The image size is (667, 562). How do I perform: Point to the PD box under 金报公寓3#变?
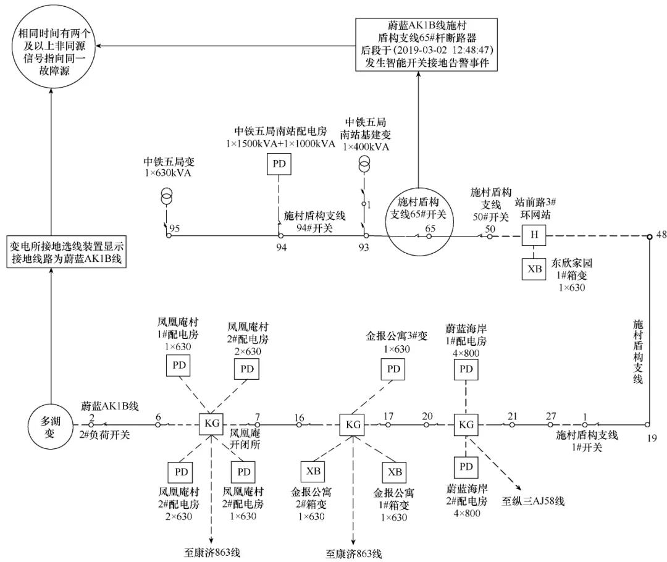[x=393, y=369]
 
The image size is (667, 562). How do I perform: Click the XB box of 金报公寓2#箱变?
[x=311, y=472]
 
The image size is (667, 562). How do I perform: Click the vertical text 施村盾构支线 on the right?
[x=639, y=351]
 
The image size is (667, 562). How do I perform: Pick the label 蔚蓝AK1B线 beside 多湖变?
[x=109, y=406]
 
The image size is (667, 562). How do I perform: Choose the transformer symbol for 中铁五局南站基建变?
[x=364, y=164]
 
